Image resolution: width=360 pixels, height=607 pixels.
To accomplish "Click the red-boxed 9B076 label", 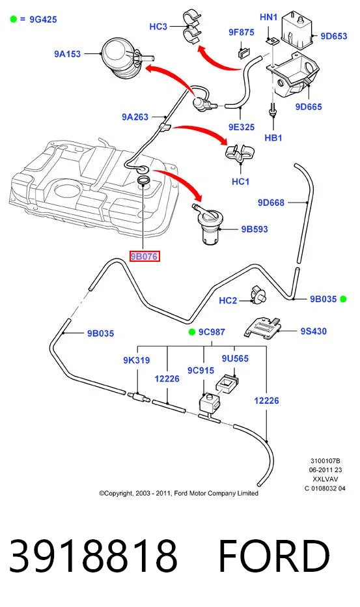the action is point(145,256).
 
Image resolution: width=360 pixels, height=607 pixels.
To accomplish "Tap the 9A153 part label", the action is point(67,54).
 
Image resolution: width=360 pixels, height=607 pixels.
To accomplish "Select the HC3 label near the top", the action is point(158,26).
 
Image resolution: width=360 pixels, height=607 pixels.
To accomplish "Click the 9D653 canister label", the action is point(334,36).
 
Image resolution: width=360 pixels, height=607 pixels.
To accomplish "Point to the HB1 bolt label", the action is point(273,137).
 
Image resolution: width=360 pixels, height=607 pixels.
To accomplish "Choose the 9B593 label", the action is point(255,229).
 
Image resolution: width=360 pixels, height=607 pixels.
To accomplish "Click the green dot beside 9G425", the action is point(14,19).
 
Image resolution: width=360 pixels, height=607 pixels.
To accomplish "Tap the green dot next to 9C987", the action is point(191,332).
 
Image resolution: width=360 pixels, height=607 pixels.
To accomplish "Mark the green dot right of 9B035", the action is point(343,299).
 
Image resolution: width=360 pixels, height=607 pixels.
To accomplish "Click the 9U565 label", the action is point(235,358).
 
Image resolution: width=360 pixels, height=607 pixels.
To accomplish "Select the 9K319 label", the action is point(136,360).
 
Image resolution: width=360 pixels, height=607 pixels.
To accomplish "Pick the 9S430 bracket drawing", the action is point(263,328).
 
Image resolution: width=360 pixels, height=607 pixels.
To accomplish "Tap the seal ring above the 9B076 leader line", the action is point(145,180).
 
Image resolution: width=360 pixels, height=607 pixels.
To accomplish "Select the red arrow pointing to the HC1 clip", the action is point(201,131).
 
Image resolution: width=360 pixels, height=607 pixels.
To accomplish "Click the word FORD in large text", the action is point(274,556).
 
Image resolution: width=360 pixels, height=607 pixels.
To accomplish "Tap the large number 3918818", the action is point(93,556).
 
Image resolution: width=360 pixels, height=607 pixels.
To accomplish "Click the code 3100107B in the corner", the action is point(325,460).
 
